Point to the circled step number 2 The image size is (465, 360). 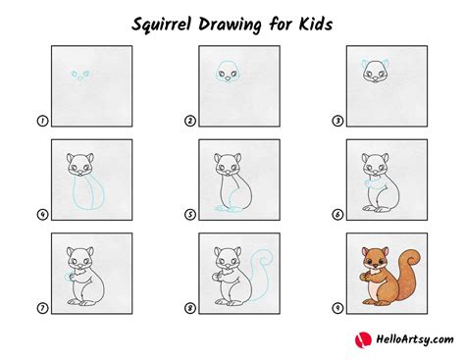[x=191, y=122]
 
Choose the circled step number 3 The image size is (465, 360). [x=340, y=122]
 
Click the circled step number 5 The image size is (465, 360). [x=191, y=215]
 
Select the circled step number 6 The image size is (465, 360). [x=340, y=215]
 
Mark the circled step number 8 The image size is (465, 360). [x=191, y=308]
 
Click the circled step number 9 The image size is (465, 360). [x=340, y=308]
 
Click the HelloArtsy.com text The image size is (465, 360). [x=409, y=339]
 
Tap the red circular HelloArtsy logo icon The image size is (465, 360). [x=360, y=339]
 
